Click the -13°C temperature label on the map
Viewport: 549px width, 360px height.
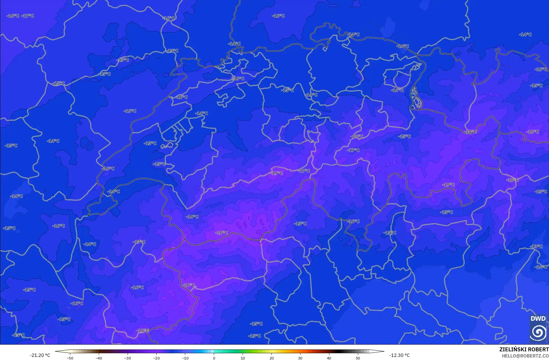[536, 246]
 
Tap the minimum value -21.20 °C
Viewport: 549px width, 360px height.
[40, 355]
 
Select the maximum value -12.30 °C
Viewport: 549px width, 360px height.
[399, 355]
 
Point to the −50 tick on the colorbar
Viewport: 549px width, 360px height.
[70, 358]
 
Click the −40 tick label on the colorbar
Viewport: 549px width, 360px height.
[99, 358]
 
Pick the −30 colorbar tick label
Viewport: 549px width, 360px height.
[128, 358]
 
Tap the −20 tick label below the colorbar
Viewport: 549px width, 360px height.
[156, 358]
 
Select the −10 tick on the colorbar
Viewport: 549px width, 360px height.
[185, 358]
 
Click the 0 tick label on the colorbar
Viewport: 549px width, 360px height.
[214, 358]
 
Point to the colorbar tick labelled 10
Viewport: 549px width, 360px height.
[243, 358]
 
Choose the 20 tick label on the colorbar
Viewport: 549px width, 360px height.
[271, 358]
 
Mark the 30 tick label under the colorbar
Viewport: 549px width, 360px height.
[300, 358]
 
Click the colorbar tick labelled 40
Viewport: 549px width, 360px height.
[329, 358]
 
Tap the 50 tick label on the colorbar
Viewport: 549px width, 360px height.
[358, 358]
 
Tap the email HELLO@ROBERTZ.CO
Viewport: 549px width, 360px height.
[525, 356]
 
